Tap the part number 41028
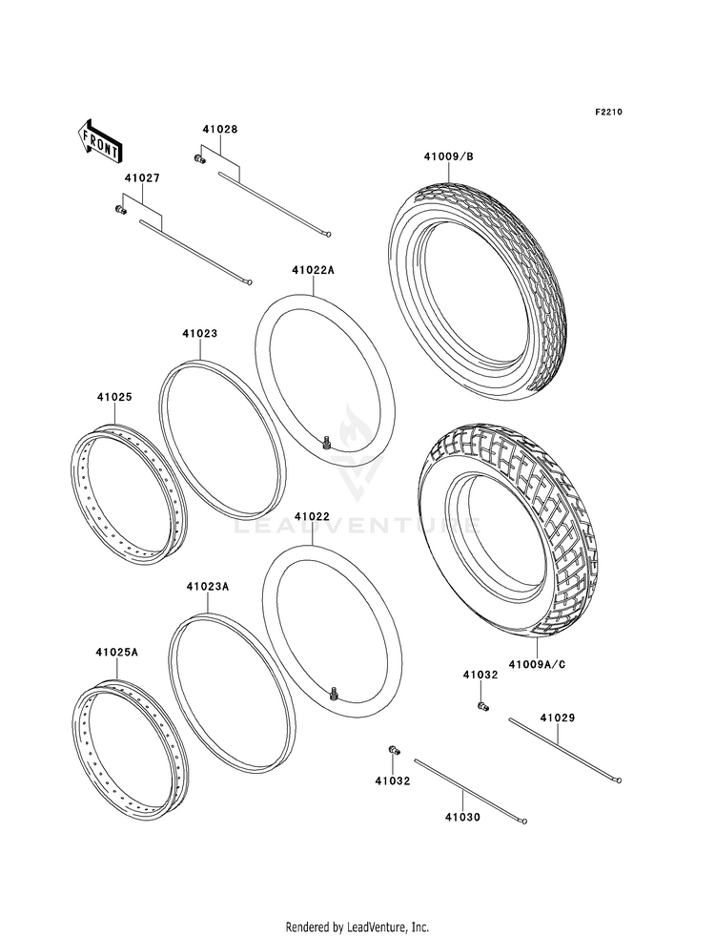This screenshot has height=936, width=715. (219, 129)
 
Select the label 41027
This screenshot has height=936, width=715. (140, 178)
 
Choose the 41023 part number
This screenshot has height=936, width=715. (200, 334)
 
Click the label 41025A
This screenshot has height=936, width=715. (116, 653)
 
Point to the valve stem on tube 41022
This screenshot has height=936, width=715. (335, 692)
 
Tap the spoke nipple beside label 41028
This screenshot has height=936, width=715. (197, 157)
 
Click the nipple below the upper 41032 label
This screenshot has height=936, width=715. (481, 706)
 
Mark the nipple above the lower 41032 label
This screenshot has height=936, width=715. (394, 749)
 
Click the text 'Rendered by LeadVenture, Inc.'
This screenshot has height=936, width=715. (357, 926)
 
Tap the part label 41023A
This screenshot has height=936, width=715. (207, 586)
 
